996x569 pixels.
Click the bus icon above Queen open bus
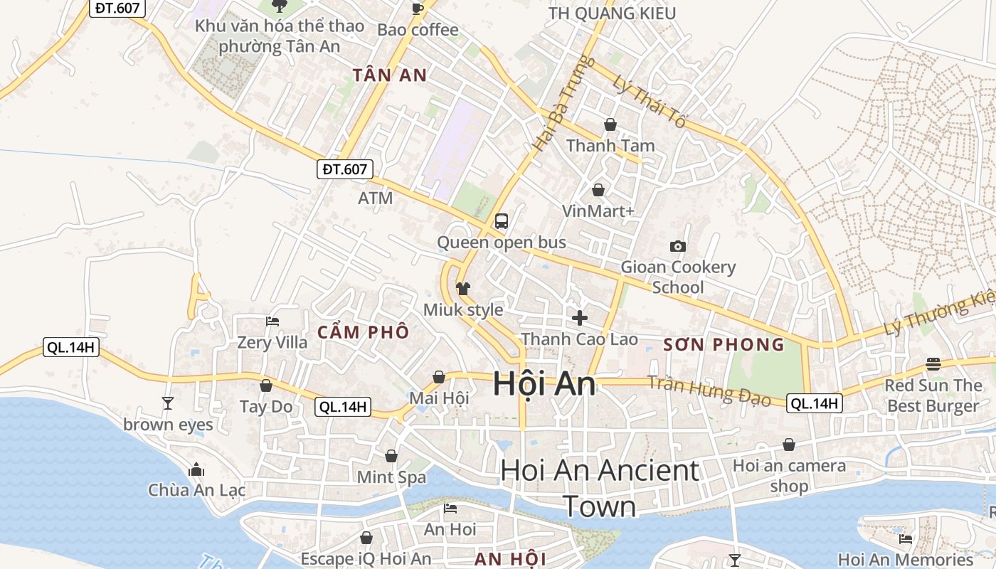[x=502, y=220]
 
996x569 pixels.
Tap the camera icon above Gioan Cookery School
[x=678, y=246]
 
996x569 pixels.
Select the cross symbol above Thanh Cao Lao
[x=580, y=317]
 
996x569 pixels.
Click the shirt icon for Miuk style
[x=463, y=288]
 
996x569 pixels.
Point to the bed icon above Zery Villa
[x=272, y=321]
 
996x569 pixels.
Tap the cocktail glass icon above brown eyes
[x=168, y=403]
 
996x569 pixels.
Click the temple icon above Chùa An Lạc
[x=196, y=469]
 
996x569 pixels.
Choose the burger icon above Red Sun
[x=933, y=364]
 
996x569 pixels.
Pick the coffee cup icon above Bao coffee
[x=418, y=9]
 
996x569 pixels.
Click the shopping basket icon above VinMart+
[x=598, y=190]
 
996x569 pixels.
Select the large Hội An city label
[x=544, y=384]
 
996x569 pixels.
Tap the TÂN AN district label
[x=390, y=75]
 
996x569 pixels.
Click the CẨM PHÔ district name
[x=364, y=331]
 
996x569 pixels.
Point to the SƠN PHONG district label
[x=724, y=345]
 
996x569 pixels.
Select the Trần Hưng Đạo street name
[x=709, y=390]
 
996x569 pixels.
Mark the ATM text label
[x=376, y=198]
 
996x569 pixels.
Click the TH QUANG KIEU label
[x=612, y=13]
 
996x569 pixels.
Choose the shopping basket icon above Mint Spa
[x=391, y=455]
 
